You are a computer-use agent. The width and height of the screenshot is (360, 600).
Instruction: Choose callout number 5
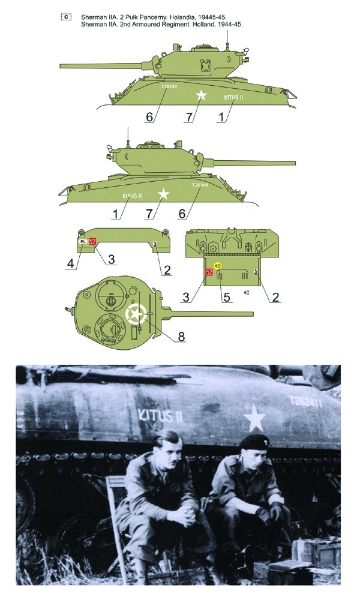[224, 296]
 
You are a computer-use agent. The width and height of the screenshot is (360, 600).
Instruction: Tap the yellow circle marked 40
[217, 265]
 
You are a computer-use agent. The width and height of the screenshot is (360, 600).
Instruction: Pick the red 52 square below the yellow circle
[209, 272]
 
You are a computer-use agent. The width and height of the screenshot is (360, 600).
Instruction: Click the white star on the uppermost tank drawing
[202, 95]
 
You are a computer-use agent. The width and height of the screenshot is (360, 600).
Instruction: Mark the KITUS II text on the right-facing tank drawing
[132, 196]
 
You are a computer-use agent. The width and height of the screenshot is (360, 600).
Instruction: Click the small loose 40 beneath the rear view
[247, 292]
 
